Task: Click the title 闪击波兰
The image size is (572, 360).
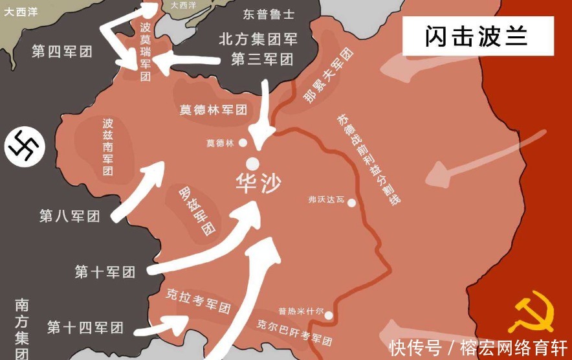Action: [x=476, y=36]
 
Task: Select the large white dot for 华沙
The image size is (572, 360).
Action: [x=253, y=163]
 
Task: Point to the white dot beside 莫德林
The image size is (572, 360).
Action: [x=243, y=142]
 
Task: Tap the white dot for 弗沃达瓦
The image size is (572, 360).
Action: [x=351, y=203]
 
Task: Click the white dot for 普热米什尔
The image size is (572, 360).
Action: [x=329, y=315]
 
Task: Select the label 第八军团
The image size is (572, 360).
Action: [x=70, y=216]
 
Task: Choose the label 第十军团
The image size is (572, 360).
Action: [x=105, y=272]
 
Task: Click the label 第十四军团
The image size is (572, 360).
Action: [x=85, y=326]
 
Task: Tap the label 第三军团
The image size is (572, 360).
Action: [x=262, y=60]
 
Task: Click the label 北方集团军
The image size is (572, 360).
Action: [x=258, y=39]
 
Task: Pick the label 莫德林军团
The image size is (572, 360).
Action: [x=214, y=109]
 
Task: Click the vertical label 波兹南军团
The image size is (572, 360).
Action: [x=107, y=147]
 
